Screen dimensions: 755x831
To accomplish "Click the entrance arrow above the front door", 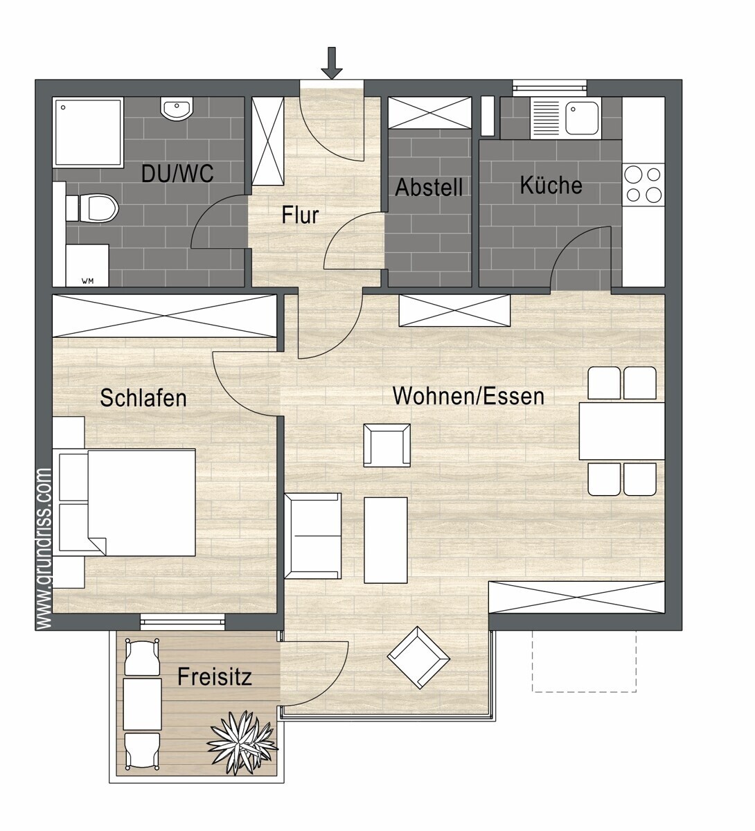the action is point(332,62).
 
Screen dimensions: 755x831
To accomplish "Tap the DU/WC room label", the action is point(177,173).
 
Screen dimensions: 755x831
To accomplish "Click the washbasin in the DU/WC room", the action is point(177,109).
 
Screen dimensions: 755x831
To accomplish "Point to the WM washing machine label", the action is point(87,281).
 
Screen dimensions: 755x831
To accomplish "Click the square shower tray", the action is point(88,132).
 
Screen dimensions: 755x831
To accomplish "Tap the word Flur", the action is point(300,215).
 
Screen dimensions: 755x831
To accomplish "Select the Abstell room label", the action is point(429,187).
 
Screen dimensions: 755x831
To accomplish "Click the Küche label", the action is point(551,185).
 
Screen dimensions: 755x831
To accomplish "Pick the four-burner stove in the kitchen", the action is point(643,184).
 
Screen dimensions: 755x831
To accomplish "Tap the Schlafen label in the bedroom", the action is point(143,397).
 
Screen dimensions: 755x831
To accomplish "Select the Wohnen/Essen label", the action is point(468,395).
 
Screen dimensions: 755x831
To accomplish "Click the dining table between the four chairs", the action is point(621,431).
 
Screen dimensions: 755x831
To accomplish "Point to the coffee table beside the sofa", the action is point(385,539).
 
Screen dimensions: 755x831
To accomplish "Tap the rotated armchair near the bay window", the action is point(418,658).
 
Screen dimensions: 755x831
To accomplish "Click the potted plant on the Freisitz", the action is point(242,742).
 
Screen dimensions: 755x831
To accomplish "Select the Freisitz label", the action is point(215,677).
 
